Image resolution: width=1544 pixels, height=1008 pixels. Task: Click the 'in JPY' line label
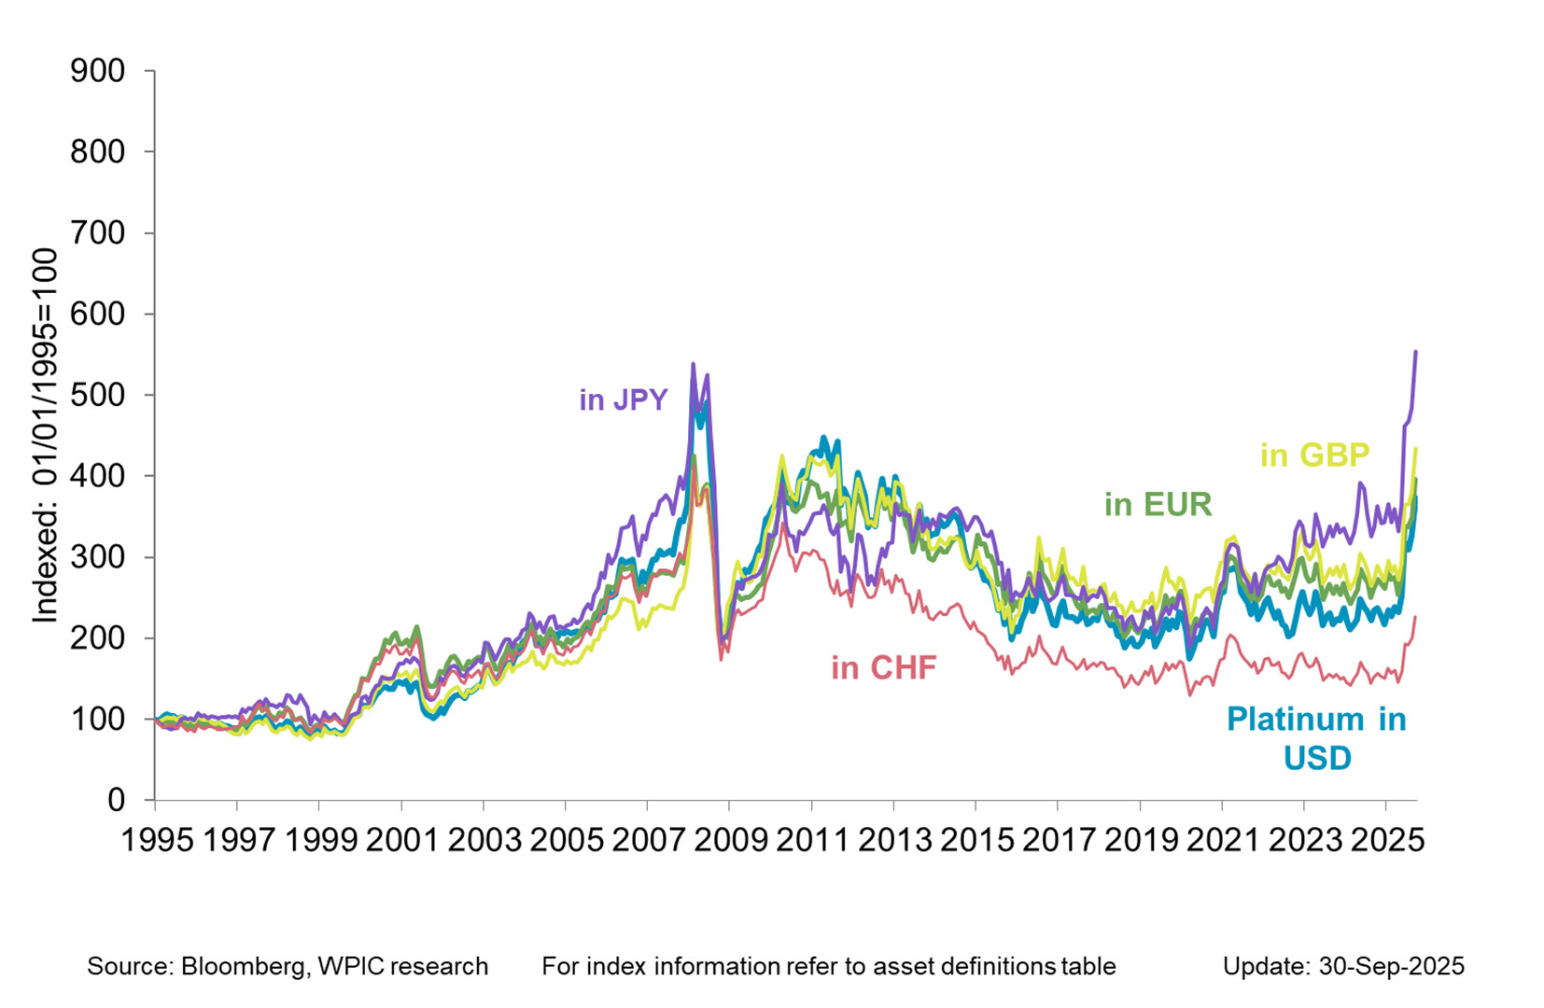click(623, 399)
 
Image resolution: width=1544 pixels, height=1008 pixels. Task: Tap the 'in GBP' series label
click(1314, 455)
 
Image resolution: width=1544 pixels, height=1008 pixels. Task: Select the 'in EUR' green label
click(1158, 504)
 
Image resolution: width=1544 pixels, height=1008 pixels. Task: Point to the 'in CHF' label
click(883, 667)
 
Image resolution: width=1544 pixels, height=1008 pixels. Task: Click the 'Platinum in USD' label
click(1316, 737)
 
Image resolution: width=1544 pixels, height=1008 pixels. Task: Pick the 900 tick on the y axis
click(97, 71)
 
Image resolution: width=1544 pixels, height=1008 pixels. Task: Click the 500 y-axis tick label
click(97, 395)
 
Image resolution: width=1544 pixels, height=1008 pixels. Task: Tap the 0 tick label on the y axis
click(116, 800)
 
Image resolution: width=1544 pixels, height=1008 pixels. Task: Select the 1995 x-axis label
click(158, 840)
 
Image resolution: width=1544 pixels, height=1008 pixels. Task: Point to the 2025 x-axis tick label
click(1386, 840)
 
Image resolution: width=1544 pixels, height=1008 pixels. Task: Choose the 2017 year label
click(1059, 840)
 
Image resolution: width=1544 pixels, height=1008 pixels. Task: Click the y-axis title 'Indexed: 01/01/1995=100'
click(44, 435)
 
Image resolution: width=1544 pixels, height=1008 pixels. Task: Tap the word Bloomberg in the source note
click(241, 966)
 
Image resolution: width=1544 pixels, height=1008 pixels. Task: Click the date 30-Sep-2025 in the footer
click(1391, 966)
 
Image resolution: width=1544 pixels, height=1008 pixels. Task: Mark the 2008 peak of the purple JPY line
click(693, 364)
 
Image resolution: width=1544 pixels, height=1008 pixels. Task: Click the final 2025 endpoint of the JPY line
click(1416, 352)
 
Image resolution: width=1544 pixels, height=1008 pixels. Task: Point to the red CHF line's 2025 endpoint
click(1416, 617)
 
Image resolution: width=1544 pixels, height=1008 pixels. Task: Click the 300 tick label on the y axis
click(97, 557)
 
